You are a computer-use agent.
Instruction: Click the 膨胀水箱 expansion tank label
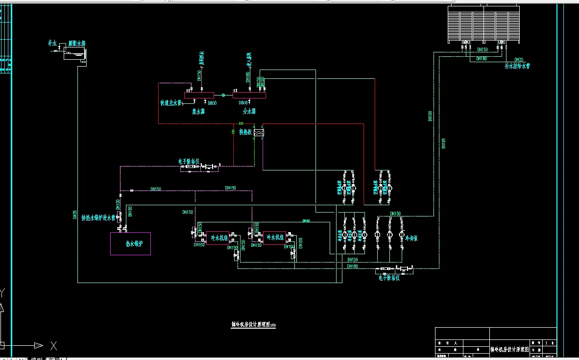tap(77, 44)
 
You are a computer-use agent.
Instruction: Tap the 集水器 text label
tap(198, 112)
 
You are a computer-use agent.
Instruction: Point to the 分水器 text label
tap(249, 112)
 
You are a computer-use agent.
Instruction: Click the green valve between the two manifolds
tap(223, 96)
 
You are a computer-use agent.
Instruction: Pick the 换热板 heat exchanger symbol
tap(259, 132)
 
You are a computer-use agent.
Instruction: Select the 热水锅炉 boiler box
tap(130, 243)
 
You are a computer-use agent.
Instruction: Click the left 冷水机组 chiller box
tap(217, 238)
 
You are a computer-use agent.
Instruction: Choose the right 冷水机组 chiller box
tap(274, 238)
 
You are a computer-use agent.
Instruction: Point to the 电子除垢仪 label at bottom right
tap(389, 278)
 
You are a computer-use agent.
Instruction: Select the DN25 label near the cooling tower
tap(519, 59)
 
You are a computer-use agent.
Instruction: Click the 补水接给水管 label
tap(518, 66)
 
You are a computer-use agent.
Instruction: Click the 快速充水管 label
tap(171, 103)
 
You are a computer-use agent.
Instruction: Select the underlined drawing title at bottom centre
tap(253, 324)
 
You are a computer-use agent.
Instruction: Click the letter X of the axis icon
tap(53, 346)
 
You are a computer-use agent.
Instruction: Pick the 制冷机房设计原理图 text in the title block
tap(510, 349)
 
